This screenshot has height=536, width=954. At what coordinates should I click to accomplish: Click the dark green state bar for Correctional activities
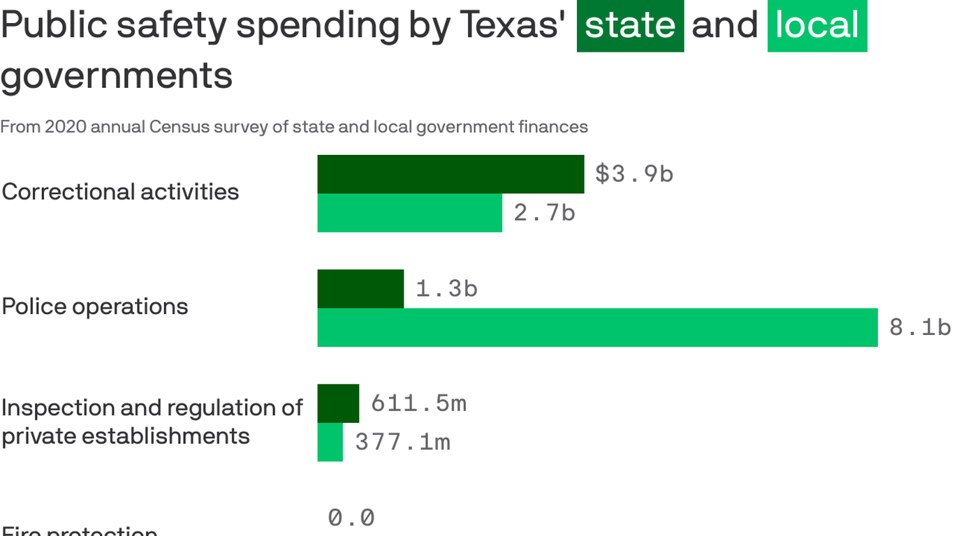[x=450, y=174]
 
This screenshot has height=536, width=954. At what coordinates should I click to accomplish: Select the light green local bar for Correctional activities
[x=409, y=213]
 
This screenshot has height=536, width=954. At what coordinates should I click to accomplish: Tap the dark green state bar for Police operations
[x=360, y=289]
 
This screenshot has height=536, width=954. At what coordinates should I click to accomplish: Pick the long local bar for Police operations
[x=597, y=327]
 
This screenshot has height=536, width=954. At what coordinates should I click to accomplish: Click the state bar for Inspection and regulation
[x=338, y=403]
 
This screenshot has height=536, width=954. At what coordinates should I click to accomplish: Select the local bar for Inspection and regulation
[x=330, y=442]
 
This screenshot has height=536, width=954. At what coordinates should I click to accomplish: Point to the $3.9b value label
[x=634, y=174]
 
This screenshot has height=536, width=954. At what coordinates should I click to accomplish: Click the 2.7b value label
[x=544, y=213]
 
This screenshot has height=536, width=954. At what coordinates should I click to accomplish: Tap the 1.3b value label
[x=446, y=289]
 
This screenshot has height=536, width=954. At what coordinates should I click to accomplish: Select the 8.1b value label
[x=920, y=327]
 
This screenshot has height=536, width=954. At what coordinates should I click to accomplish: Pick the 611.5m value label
[x=418, y=403]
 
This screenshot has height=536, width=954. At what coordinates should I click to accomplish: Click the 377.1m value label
[x=402, y=442]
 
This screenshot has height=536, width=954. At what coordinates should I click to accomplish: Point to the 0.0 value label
[x=351, y=518]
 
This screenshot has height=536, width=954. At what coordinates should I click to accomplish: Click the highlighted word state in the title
[x=630, y=26]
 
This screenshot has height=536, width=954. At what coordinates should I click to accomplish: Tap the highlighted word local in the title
[x=817, y=26]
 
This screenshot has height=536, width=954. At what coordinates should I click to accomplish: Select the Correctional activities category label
[x=120, y=192]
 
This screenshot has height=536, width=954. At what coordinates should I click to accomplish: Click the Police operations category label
[x=95, y=306]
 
